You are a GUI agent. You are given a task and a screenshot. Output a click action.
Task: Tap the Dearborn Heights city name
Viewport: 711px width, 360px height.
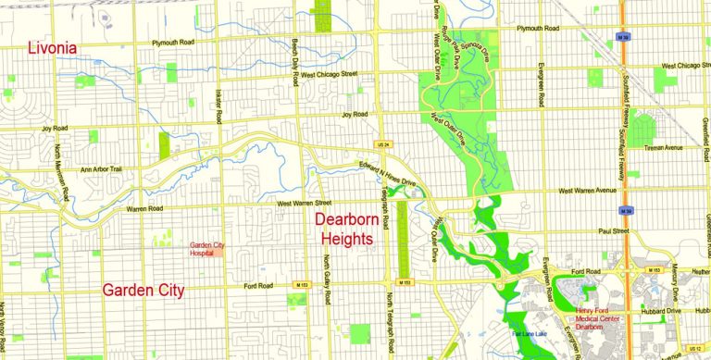344,230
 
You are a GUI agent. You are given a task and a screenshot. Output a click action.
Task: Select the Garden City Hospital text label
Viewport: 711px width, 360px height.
207,248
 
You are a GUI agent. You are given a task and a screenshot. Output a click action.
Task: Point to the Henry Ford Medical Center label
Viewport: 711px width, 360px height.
603,316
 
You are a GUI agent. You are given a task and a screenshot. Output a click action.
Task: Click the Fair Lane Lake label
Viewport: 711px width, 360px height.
530,331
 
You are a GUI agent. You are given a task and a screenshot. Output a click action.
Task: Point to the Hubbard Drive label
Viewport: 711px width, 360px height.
662,311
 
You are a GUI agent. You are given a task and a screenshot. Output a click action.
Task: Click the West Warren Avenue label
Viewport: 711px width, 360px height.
587,192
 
